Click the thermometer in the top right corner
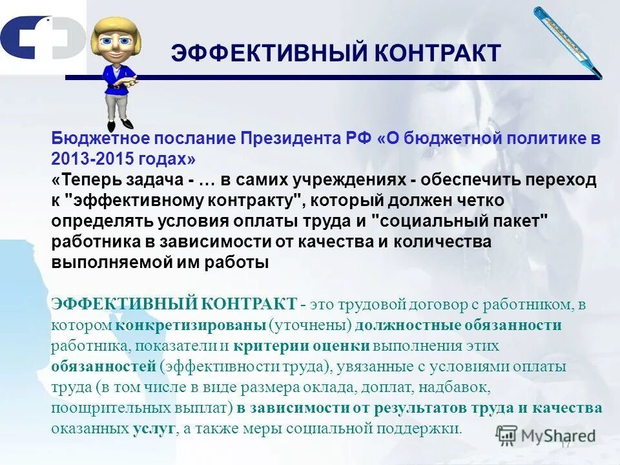point(566,41)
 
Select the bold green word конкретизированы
point(191,325)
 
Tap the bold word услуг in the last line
point(154,428)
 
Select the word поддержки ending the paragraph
point(426,428)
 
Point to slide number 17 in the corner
point(566,444)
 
